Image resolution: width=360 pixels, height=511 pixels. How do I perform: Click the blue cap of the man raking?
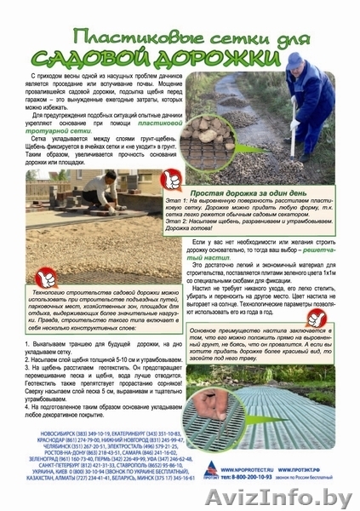[x=294, y=61]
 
